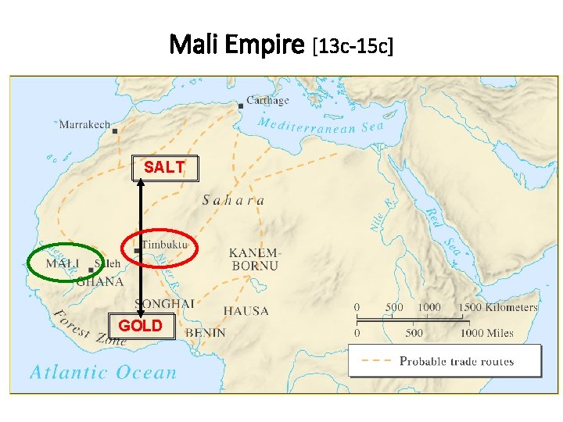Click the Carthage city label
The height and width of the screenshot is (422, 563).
tap(267, 100)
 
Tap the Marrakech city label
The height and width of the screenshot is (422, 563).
tap(84, 124)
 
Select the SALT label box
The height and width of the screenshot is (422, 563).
tap(164, 167)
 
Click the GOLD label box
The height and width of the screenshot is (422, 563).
tap(141, 325)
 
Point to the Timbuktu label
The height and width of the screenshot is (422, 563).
tap(165, 244)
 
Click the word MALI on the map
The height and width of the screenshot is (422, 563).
tap(62, 263)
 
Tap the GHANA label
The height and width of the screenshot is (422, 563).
tap(99, 282)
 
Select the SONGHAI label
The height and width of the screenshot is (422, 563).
tap(164, 303)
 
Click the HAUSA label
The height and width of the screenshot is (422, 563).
tap(246, 311)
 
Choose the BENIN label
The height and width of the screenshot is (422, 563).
tap(206, 333)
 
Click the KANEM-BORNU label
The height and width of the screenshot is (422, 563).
tap(254, 259)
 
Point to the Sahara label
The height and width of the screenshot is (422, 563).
tap(233, 200)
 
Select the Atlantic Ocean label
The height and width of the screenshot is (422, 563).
tap(103, 372)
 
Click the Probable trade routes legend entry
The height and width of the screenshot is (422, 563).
tap(457, 361)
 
